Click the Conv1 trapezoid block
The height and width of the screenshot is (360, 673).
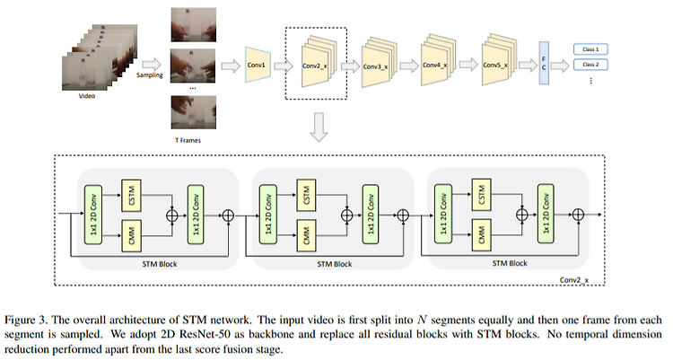(258, 65)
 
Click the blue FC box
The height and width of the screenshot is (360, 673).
(544, 63)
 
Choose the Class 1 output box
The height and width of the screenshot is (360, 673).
(590, 49)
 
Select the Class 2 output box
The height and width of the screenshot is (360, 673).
(590, 65)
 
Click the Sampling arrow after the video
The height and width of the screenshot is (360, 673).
(152, 65)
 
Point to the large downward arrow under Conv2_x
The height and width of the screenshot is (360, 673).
(319, 127)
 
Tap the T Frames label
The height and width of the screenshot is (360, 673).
(188, 140)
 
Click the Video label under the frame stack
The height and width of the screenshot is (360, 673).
(87, 96)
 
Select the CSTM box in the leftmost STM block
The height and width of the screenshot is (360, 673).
(131, 196)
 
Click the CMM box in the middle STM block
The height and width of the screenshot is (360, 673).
(307, 235)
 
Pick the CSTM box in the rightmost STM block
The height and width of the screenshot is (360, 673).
(482, 195)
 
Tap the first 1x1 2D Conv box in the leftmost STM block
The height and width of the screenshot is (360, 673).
(93, 215)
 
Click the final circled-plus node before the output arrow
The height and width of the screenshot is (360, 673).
(578, 215)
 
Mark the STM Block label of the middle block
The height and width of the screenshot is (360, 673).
(335, 264)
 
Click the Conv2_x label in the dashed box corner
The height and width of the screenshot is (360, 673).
(574, 280)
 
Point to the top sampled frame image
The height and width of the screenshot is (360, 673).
(194, 25)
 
